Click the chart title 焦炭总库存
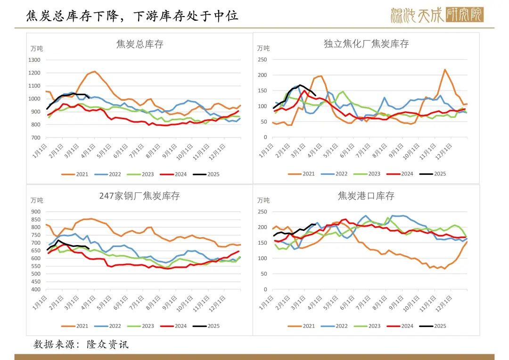point(140,45)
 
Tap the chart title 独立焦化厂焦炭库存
point(366,44)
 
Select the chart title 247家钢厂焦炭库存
point(140,196)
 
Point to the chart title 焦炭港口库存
point(366,196)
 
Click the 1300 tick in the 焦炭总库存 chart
point(35,60)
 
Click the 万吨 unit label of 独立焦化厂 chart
point(263,48)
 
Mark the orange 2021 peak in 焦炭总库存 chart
point(95,72)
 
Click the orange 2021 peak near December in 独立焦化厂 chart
point(444,70)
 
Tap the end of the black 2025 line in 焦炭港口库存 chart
point(315,224)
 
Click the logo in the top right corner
point(436,15)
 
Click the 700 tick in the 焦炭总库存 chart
point(36,138)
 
